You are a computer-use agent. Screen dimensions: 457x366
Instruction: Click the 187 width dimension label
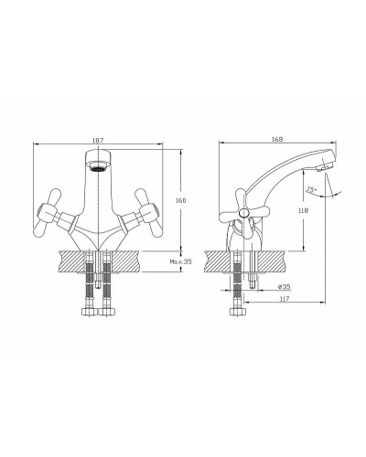(97, 140)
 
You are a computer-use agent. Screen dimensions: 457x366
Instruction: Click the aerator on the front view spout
(97, 167)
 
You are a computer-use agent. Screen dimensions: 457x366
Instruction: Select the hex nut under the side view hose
(238, 313)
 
